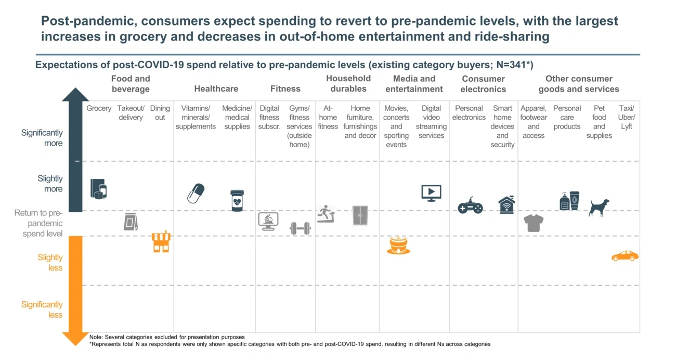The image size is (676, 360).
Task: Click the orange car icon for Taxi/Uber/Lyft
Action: coord(625,256)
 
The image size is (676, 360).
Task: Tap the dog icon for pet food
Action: coord(599,207)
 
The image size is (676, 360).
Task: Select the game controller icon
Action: coord(470,206)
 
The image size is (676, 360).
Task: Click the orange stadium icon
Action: coord(399,245)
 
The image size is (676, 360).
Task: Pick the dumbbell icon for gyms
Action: coord(300,228)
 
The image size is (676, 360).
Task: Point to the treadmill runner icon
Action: coord(327,214)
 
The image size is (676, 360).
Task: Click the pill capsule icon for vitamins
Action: coord(196,193)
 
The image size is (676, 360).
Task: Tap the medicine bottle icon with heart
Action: coord(237,200)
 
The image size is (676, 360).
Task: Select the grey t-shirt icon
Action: coord(534,223)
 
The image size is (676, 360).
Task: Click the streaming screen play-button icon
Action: coord(431,193)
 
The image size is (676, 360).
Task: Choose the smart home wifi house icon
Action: coord(506,205)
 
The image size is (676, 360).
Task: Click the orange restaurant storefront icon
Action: coord(161,242)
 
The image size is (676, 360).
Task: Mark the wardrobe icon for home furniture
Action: coord(360,215)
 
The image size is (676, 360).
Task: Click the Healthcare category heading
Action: coord(216,89)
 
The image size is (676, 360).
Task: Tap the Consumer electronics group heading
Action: coord(483,84)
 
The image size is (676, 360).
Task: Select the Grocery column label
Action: coord(99,108)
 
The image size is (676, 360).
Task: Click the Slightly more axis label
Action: coord(50,184)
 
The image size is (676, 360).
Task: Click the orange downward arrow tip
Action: coord(75,341)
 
